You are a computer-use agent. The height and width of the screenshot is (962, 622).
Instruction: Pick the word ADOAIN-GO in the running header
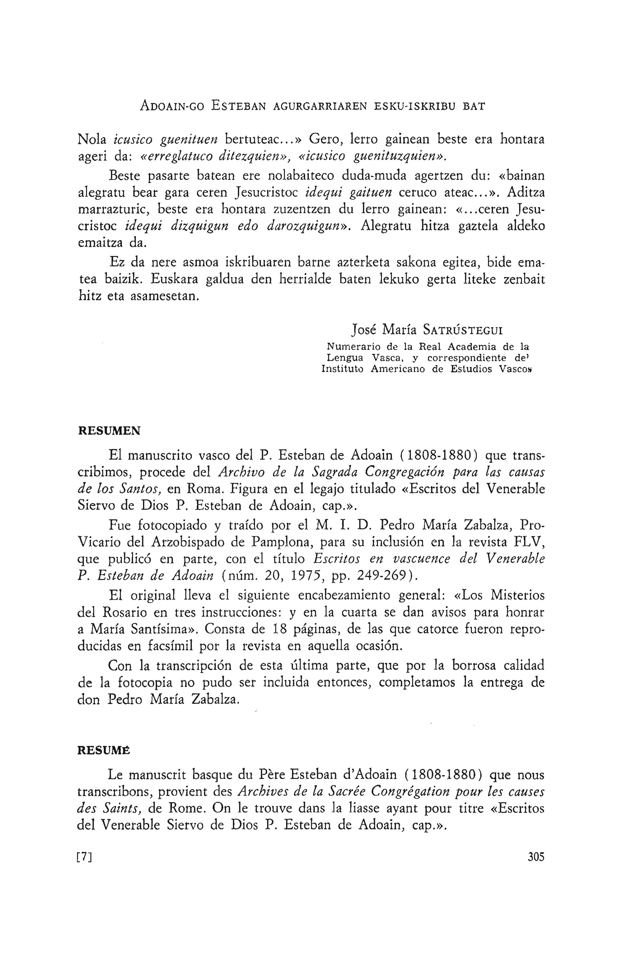point(172,106)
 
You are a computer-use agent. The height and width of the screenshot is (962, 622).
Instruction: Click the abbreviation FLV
point(530,542)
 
